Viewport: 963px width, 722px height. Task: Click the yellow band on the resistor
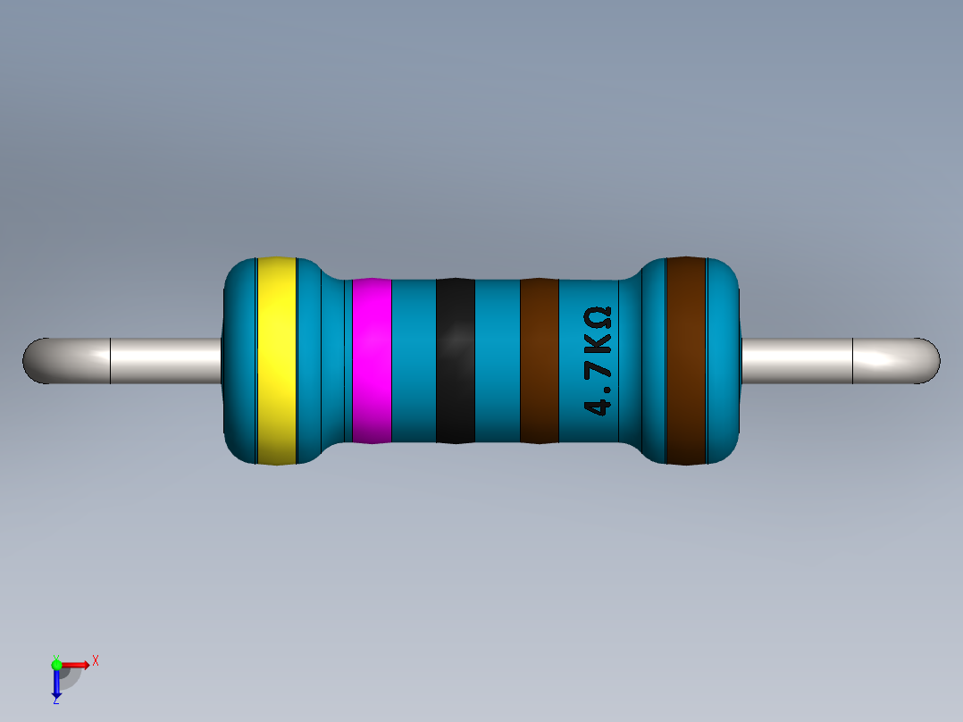click(x=276, y=360)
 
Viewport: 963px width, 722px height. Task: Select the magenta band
click(x=372, y=360)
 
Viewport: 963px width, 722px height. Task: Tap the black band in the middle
click(x=455, y=360)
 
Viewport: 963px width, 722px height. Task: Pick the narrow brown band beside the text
click(x=539, y=360)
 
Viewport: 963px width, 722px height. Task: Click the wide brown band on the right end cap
click(x=686, y=360)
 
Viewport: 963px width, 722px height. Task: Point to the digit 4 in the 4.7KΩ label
click(x=598, y=407)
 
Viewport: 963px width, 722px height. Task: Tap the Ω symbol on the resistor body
click(x=598, y=317)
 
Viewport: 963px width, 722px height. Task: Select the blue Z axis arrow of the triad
click(x=56, y=684)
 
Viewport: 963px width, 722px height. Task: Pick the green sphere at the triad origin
click(x=57, y=664)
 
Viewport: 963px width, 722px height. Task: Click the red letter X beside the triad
click(x=95, y=660)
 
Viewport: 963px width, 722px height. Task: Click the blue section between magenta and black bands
click(x=414, y=360)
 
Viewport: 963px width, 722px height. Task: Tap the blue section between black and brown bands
click(x=497, y=360)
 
